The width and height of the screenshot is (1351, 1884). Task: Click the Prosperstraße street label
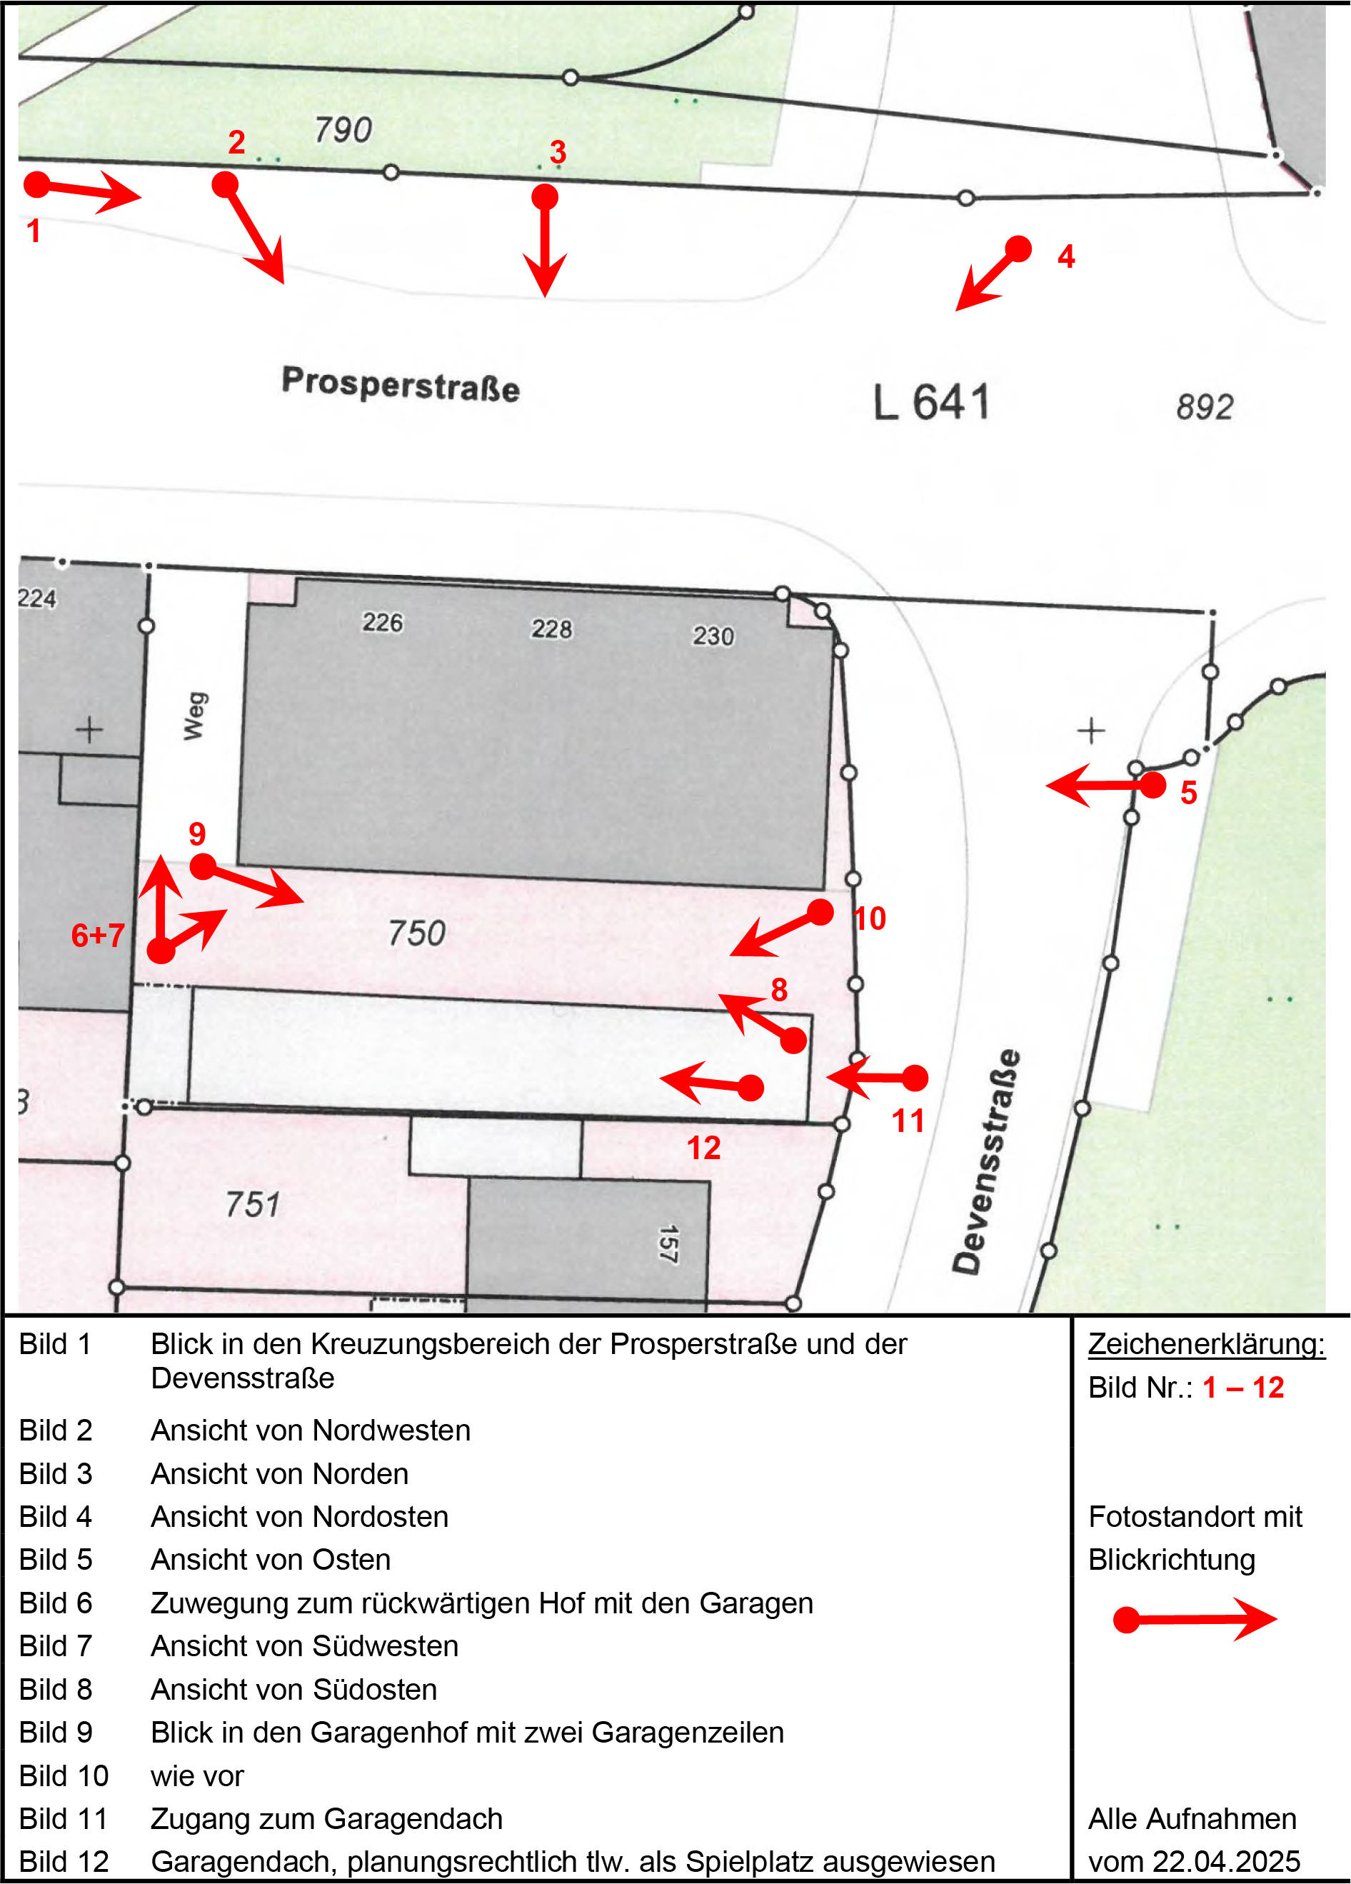(401, 384)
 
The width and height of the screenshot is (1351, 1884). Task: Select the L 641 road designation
(931, 403)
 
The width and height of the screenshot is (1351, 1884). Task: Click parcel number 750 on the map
(417, 933)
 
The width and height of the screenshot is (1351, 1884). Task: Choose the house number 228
(552, 628)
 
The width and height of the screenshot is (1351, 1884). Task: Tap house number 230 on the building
(713, 636)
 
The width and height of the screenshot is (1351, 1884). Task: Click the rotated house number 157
(669, 1243)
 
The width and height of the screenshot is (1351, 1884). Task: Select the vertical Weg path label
(194, 715)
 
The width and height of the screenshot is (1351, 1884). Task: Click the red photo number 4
(1066, 256)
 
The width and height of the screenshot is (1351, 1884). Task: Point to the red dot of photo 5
(1152, 785)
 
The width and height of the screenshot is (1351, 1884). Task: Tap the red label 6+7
(98, 936)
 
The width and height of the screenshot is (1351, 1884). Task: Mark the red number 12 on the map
(703, 1148)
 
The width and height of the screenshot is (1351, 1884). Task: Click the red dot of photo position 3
(545, 197)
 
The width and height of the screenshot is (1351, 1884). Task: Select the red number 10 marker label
(870, 918)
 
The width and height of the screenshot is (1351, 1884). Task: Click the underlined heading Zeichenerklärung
(1207, 1344)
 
